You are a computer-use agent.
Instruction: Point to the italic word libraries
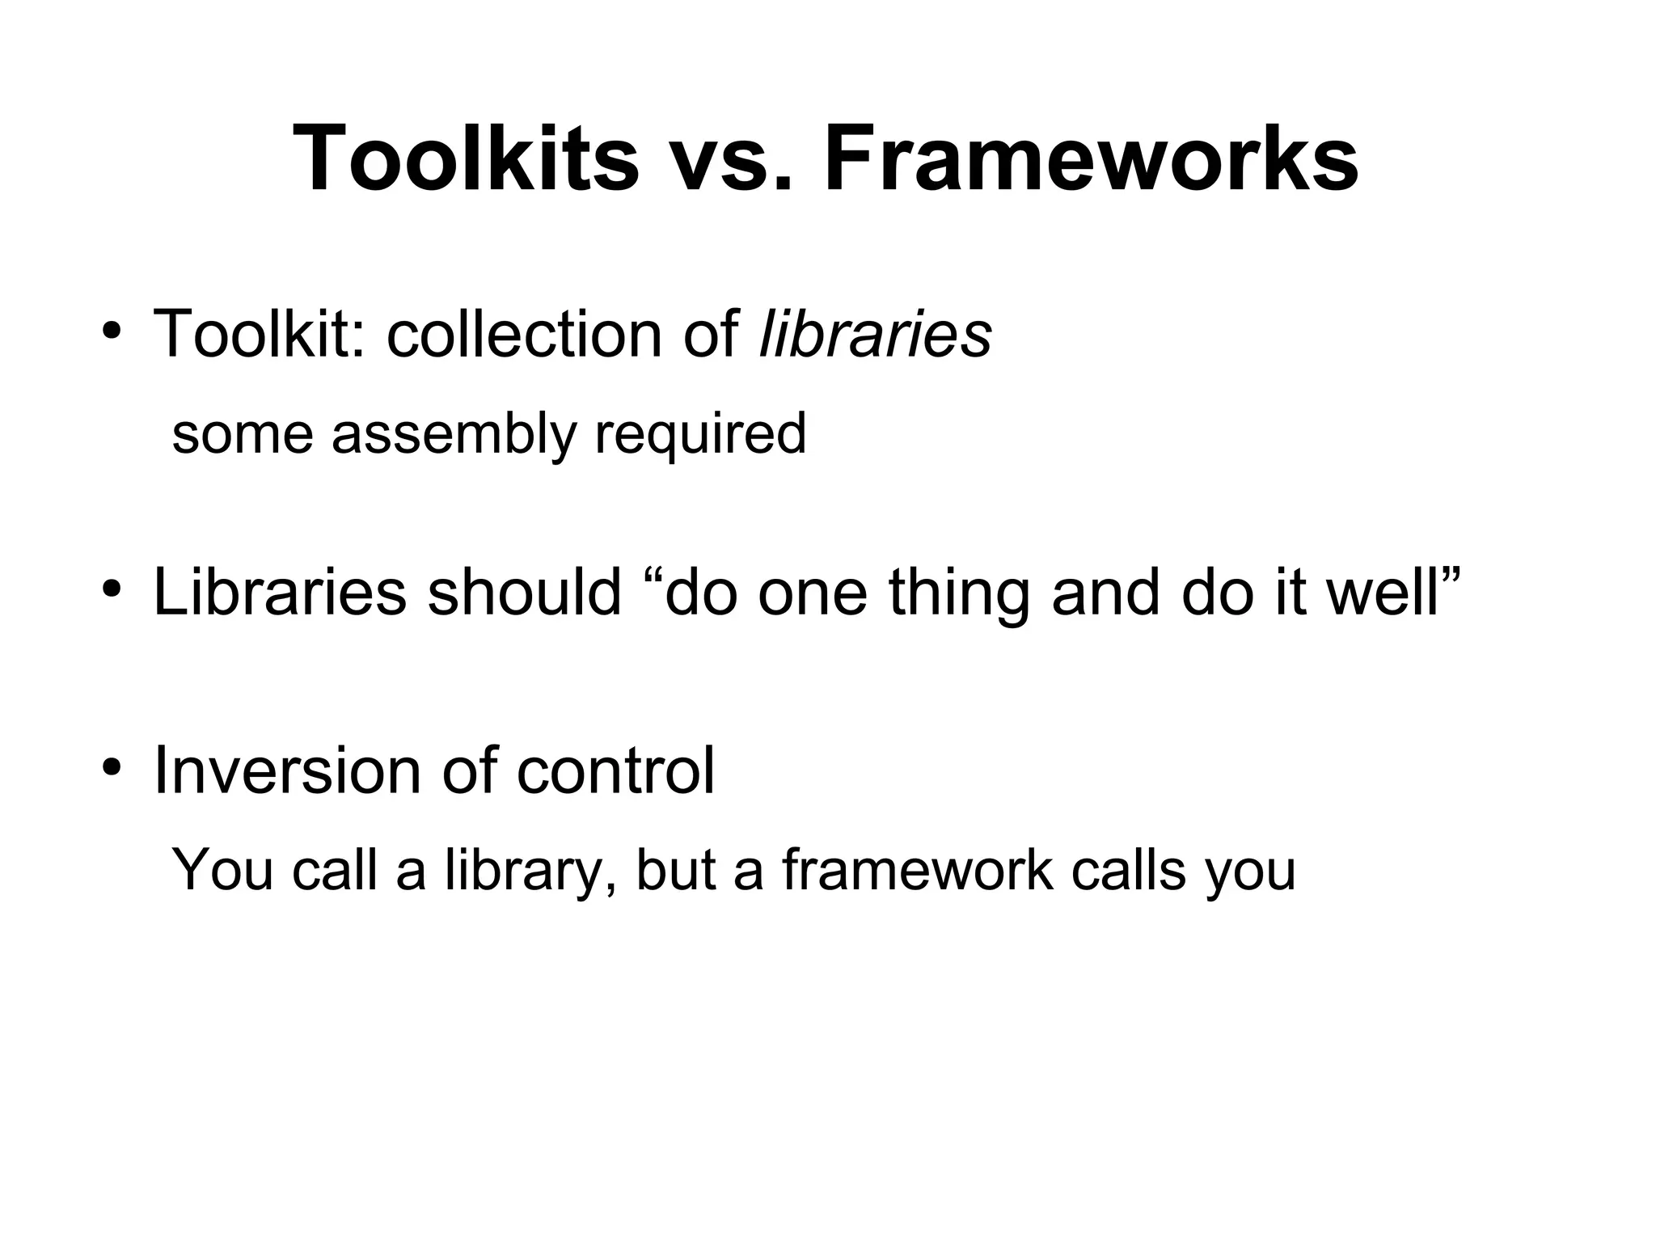coord(876,334)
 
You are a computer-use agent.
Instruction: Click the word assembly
coord(454,434)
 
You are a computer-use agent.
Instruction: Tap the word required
coord(700,434)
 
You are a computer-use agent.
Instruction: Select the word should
coord(524,592)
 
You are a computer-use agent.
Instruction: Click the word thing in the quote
coord(959,592)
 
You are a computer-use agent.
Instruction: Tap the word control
coord(615,770)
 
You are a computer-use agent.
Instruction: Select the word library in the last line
coord(525,871)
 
